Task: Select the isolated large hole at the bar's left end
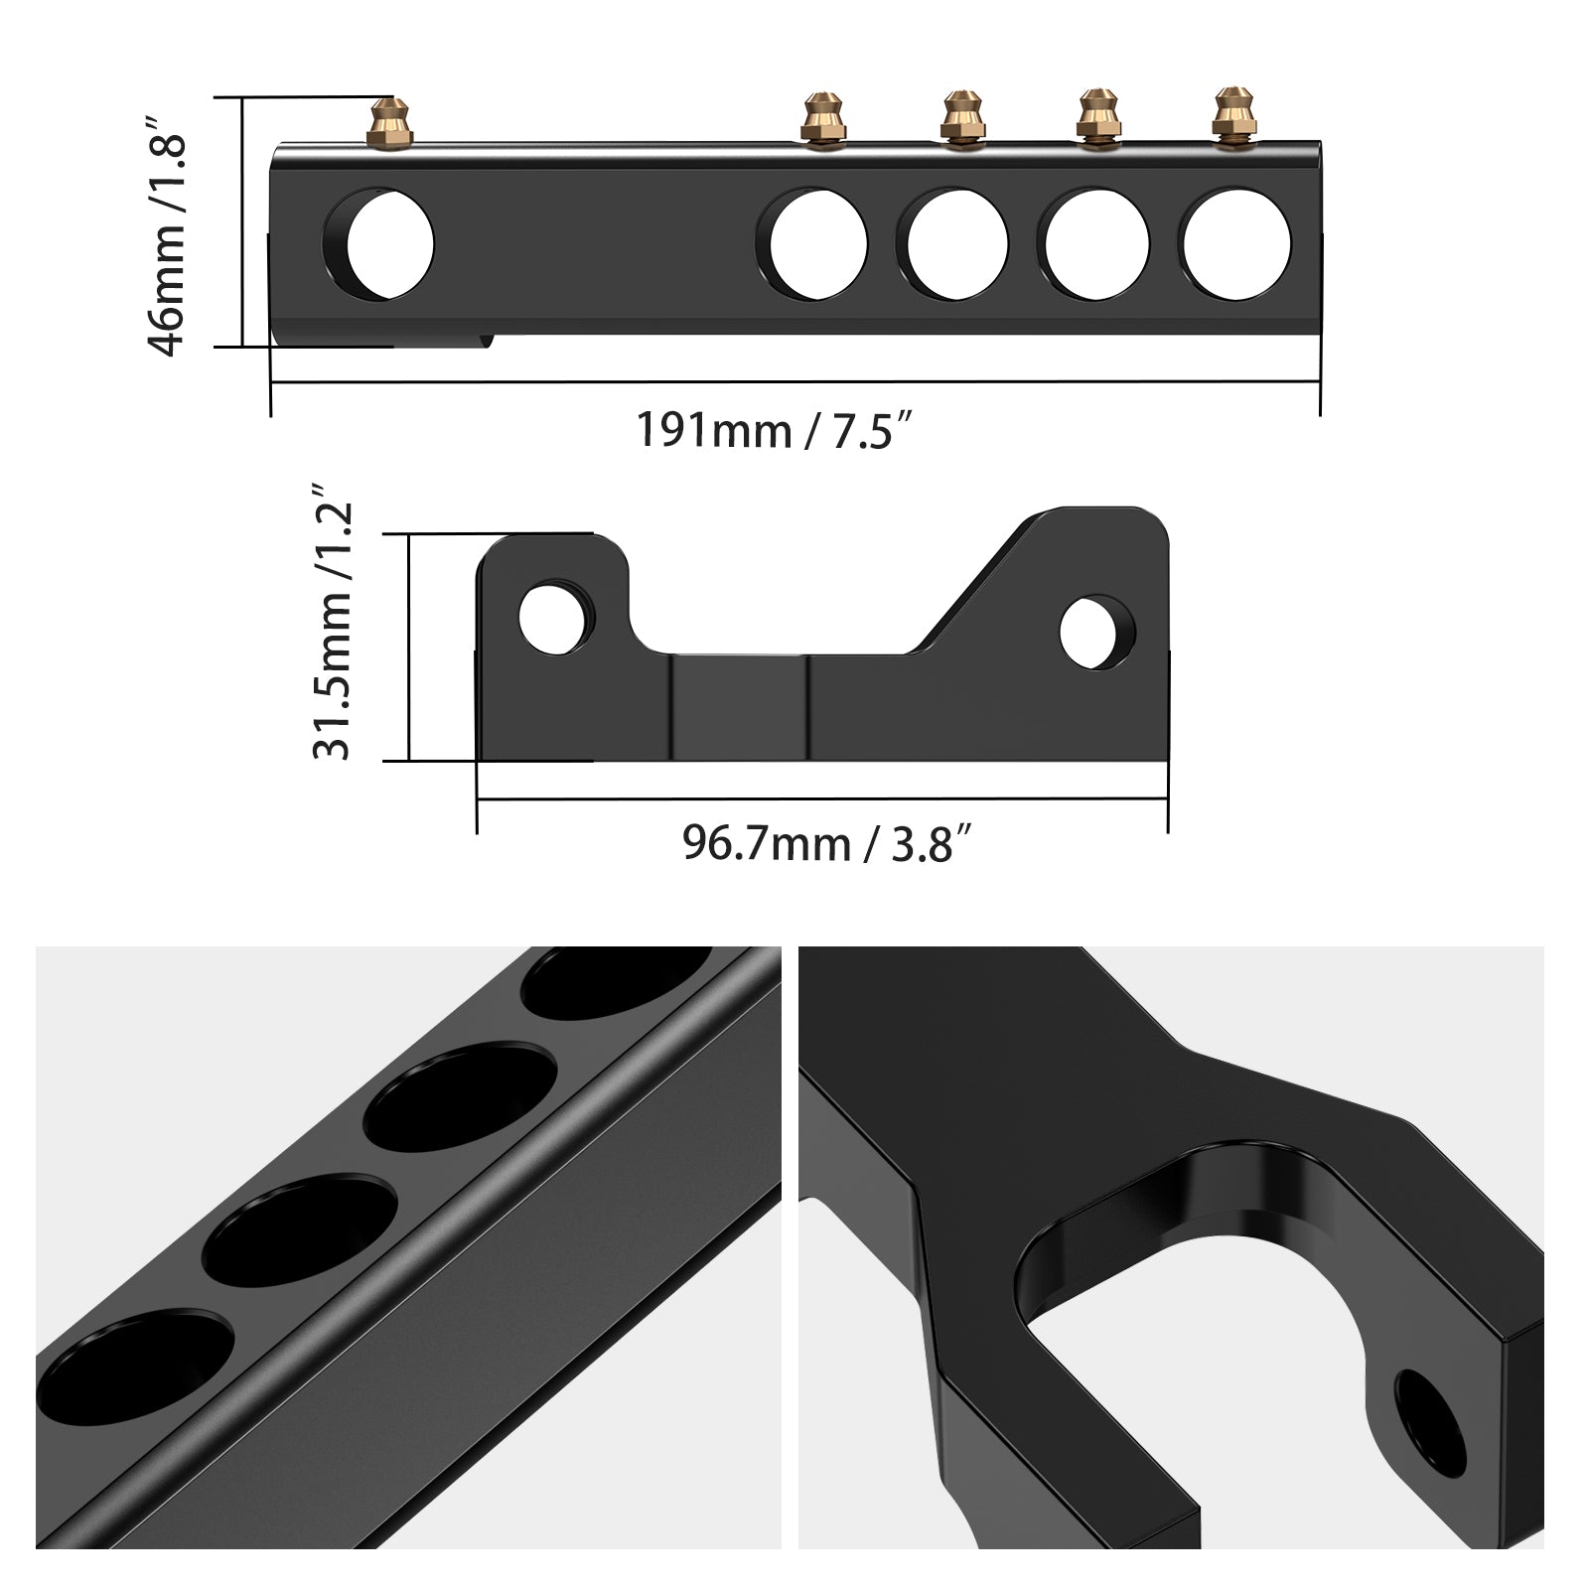(382, 244)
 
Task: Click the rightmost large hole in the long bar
(1237, 244)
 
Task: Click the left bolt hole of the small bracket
(553, 619)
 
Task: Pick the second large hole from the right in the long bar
(1096, 244)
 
